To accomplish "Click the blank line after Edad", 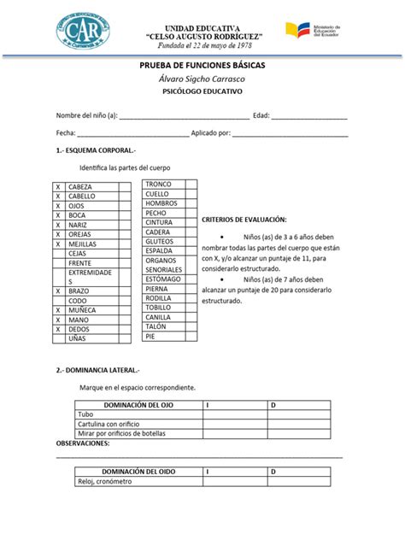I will (309, 116).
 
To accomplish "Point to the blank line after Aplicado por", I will (291, 134).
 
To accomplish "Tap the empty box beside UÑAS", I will (59, 338).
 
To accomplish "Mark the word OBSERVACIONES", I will (83, 443).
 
